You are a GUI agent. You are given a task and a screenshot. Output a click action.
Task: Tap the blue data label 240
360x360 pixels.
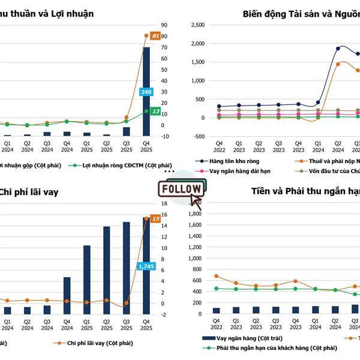tap(146, 92)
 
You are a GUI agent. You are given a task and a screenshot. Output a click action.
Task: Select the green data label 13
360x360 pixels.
tap(155, 112)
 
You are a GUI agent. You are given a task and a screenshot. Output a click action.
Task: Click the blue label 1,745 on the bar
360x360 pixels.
tap(146, 266)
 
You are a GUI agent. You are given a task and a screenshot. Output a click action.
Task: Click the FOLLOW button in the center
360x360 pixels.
tap(181, 188)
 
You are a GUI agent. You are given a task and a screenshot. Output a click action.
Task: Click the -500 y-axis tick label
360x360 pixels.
tap(197, 136)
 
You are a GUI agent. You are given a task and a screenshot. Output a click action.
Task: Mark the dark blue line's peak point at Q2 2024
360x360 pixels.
tap(338, 49)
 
